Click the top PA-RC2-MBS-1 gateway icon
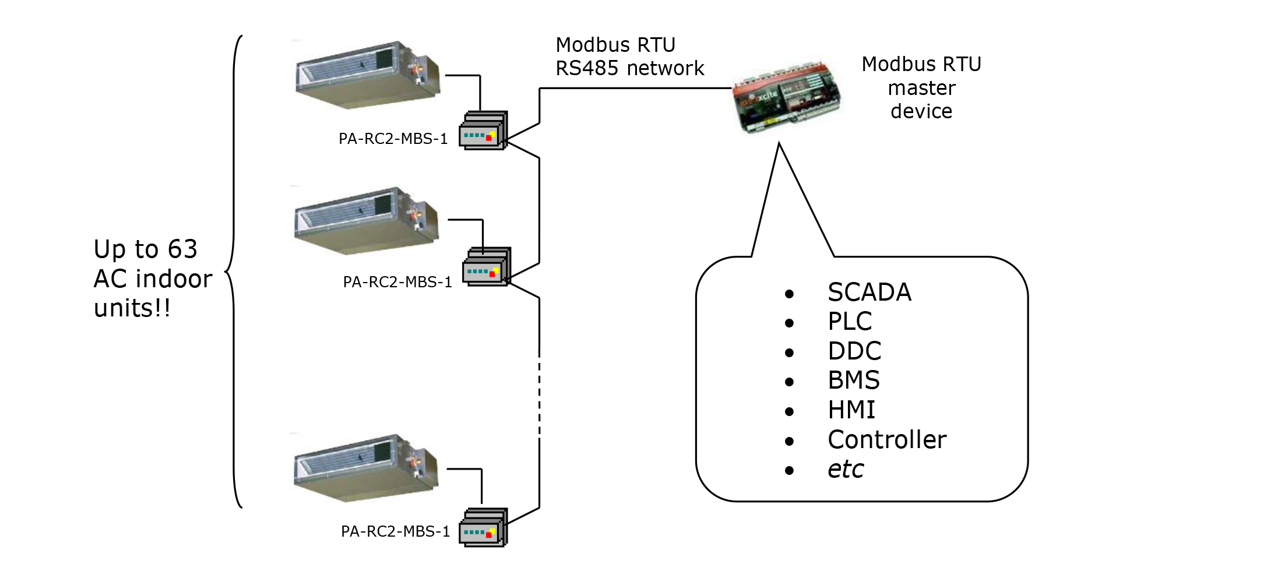tap(483, 131)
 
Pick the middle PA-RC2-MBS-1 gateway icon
tap(487, 267)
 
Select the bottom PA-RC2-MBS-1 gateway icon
tap(483, 528)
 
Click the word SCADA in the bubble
tap(869, 292)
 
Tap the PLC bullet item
tap(850, 321)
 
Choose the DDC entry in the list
tap(854, 351)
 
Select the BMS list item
tap(854, 380)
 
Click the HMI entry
tap(851, 410)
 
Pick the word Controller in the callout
tap(887, 440)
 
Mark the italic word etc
tap(846, 470)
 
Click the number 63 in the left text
tap(182, 249)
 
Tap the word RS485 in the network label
tap(587, 69)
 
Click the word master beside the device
tap(921, 88)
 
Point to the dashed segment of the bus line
tap(540, 396)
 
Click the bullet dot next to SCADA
tap(790, 294)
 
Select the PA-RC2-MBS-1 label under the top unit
tap(393, 139)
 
